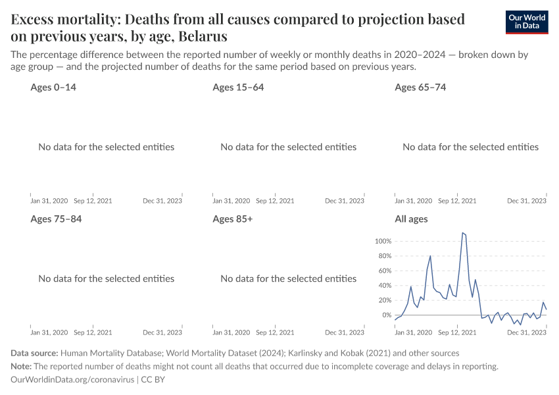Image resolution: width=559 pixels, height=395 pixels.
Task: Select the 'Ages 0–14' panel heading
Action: (x=53, y=87)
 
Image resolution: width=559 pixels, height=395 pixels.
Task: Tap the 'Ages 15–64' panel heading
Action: (x=238, y=87)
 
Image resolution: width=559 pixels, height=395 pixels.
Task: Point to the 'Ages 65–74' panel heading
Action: (x=420, y=87)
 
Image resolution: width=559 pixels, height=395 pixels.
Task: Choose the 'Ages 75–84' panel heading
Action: (x=56, y=219)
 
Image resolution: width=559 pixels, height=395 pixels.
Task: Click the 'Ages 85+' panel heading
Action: (x=232, y=219)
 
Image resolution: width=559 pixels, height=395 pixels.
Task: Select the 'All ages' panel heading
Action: (x=411, y=219)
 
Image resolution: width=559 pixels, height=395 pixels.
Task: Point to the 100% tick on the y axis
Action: (x=383, y=241)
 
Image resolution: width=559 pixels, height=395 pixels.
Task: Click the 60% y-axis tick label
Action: (x=384, y=271)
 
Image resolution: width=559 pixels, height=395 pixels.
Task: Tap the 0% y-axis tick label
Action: (x=386, y=315)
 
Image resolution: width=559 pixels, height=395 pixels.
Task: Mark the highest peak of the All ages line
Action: (x=463, y=232)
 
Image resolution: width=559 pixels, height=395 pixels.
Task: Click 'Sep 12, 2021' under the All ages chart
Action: (x=456, y=332)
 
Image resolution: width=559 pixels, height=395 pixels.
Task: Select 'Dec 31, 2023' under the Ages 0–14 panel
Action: (x=162, y=201)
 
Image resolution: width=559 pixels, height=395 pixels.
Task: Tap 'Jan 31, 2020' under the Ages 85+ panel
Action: (x=231, y=332)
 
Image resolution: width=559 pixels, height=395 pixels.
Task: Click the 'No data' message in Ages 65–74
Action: (x=470, y=147)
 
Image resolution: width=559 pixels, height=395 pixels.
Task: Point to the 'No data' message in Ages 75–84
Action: (x=107, y=278)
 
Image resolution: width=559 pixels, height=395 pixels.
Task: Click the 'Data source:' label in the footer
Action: (x=34, y=354)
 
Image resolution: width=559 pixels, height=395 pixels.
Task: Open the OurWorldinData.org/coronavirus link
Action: (x=72, y=380)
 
